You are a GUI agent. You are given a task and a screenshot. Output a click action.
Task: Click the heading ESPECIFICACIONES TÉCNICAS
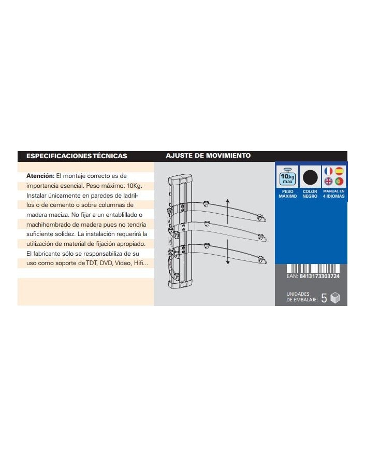click(x=77, y=156)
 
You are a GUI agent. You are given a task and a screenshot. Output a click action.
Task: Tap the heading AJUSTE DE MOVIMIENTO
click(x=208, y=156)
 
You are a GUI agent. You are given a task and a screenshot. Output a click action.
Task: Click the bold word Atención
click(x=40, y=176)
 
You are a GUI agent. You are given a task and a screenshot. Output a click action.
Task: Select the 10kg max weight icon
click(x=287, y=176)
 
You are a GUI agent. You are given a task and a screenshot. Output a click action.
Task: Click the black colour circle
click(x=310, y=177)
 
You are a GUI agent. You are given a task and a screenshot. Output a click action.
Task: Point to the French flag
click(x=328, y=171)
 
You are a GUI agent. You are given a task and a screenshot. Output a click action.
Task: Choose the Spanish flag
click(x=339, y=171)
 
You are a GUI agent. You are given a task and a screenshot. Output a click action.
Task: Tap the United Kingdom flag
click(x=328, y=182)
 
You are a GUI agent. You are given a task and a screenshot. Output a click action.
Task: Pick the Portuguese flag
click(x=339, y=182)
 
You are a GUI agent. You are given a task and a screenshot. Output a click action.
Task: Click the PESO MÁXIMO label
click(x=288, y=194)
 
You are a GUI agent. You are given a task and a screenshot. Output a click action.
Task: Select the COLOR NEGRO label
click(x=310, y=194)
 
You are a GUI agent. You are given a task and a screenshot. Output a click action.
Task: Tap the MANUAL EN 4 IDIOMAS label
click(x=334, y=194)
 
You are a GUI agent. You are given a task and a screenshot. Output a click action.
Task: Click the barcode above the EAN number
click(x=313, y=268)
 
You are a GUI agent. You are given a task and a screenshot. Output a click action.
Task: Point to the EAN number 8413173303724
click(x=319, y=276)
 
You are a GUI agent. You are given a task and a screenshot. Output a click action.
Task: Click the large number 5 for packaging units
click(x=324, y=298)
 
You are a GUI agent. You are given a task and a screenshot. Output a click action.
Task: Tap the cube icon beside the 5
click(x=335, y=298)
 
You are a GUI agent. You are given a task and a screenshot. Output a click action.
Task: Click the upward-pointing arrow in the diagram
click(x=228, y=210)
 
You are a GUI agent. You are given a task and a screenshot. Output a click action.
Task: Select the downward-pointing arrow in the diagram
click(x=228, y=253)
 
